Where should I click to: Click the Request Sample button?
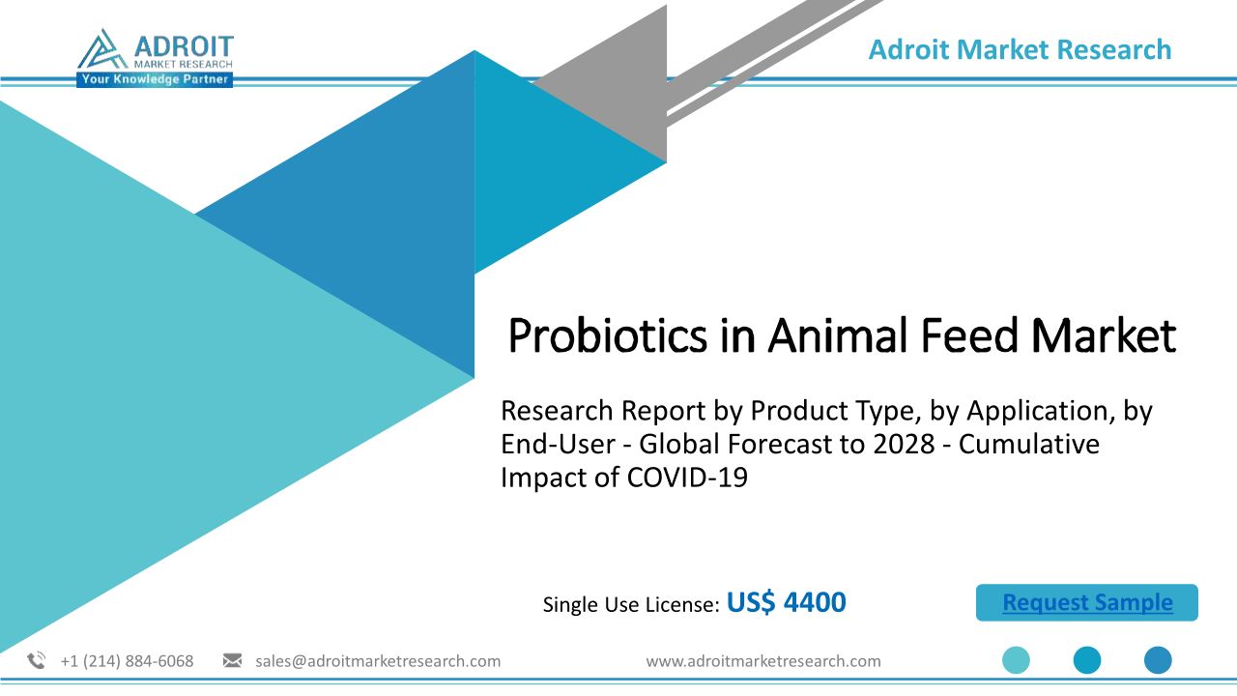coord(1087,602)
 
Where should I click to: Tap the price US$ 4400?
coord(786,602)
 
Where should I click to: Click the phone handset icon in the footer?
coord(37,660)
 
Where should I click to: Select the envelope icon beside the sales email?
coord(232,660)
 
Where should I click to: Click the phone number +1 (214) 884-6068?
coord(127,661)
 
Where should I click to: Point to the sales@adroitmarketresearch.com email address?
coord(378,661)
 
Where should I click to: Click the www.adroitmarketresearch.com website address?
coord(763,661)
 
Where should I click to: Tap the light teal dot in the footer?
coord(1016,660)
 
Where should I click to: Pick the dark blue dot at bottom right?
coord(1158,660)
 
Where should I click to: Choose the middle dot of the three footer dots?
coord(1087,660)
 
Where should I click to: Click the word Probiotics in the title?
coord(607,336)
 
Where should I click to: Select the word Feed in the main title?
coord(969,335)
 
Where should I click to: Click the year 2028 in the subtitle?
coord(904,444)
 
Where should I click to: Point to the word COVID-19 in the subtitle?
coord(687,478)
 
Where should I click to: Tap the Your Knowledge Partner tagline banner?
coord(155,79)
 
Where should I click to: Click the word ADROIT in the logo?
coord(184,46)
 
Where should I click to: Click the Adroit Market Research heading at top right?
coord(1020,49)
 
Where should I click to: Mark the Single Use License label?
coord(631,604)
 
